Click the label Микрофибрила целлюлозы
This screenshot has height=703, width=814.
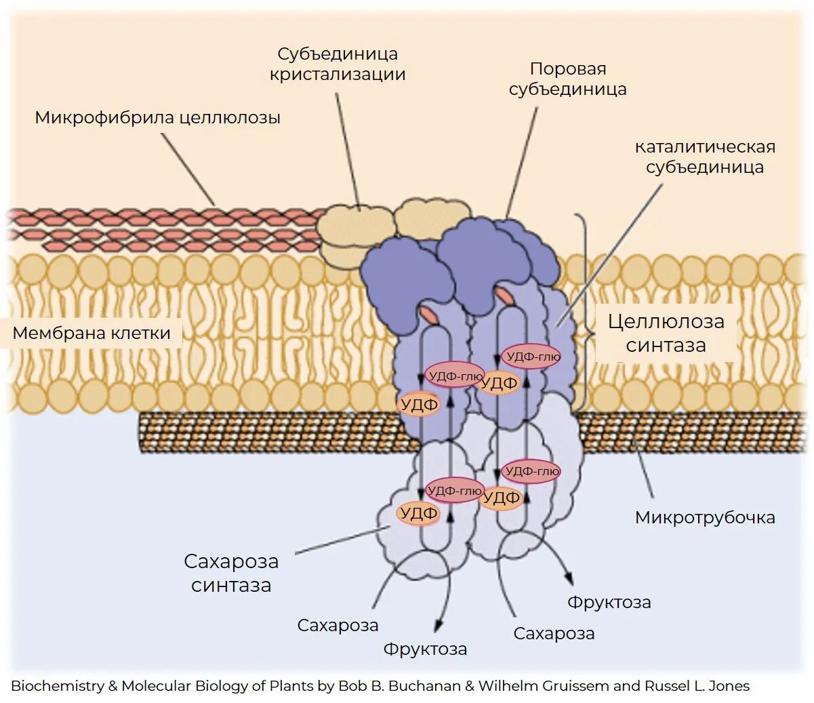coord(157,117)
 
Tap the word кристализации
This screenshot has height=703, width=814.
coord(338,75)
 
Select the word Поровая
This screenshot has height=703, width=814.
coord(568,68)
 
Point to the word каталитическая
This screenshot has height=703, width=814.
coord(705,146)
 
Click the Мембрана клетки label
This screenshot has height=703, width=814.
coord(91,333)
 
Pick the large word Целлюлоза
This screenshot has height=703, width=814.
coord(666,321)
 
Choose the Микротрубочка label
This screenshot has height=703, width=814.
coord(705,517)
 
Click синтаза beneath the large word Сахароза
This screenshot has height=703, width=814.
coord(231,585)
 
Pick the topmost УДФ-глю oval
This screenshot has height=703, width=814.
coord(531,356)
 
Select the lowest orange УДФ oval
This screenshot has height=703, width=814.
coord(419,514)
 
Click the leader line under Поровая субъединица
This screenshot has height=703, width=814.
coord(523,163)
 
